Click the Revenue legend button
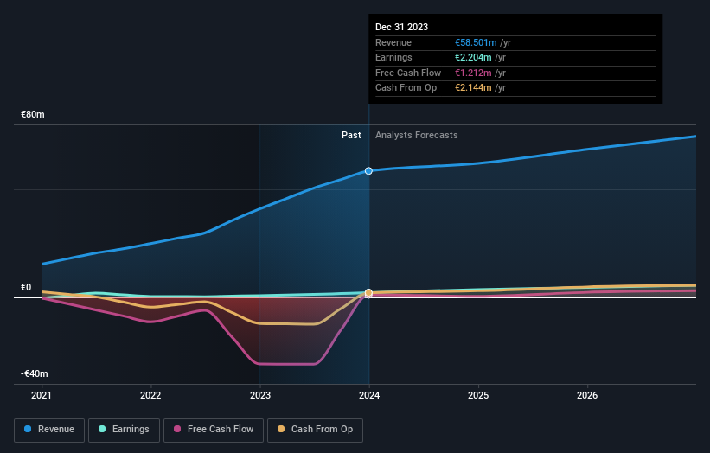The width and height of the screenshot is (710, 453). pyautogui.click(x=49, y=429)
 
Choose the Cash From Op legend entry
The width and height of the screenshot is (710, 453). pyautogui.click(x=317, y=429)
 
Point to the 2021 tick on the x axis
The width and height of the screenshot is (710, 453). pyautogui.click(x=42, y=396)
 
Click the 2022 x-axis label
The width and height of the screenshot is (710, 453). pyautogui.click(x=150, y=396)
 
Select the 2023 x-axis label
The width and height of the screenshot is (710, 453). pyautogui.click(x=259, y=396)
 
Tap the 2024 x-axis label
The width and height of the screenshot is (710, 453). pyautogui.click(x=369, y=396)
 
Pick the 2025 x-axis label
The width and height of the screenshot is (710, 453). pyautogui.click(x=478, y=396)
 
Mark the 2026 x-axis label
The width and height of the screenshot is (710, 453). pyautogui.click(x=587, y=396)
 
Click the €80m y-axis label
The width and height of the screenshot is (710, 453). pyautogui.click(x=33, y=114)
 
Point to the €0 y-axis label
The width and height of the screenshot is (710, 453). pyautogui.click(x=26, y=287)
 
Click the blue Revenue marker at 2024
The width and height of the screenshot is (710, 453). pyautogui.click(x=369, y=170)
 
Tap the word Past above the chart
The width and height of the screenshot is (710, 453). pyautogui.click(x=351, y=135)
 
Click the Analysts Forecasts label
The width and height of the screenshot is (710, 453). pyautogui.click(x=416, y=135)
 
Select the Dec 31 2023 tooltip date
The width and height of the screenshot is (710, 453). pyautogui.click(x=401, y=28)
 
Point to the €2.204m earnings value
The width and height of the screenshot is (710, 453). pyautogui.click(x=474, y=58)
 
